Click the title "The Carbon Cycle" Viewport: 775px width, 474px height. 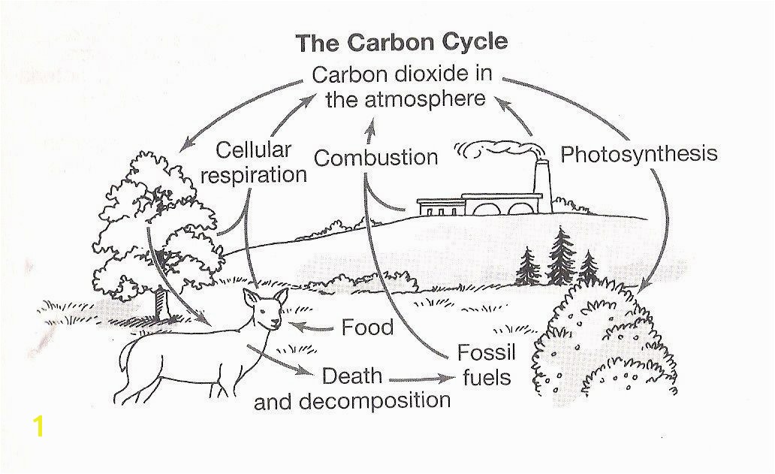click(x=401, y=43)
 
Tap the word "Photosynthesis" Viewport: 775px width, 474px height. click(x=638, y=154)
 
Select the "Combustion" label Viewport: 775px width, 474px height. click(x=376, y=158)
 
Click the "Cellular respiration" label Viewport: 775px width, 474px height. click(x=254, y=162)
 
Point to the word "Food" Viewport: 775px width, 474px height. click(x=367, y=328)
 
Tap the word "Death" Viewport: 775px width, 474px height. click(x=352, y=376)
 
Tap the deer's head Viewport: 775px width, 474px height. click(x=265, y=309)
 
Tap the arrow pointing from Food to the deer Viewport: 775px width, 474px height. click(x=312, y=327)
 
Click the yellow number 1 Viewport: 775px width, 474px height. click(x=38, y=426)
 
